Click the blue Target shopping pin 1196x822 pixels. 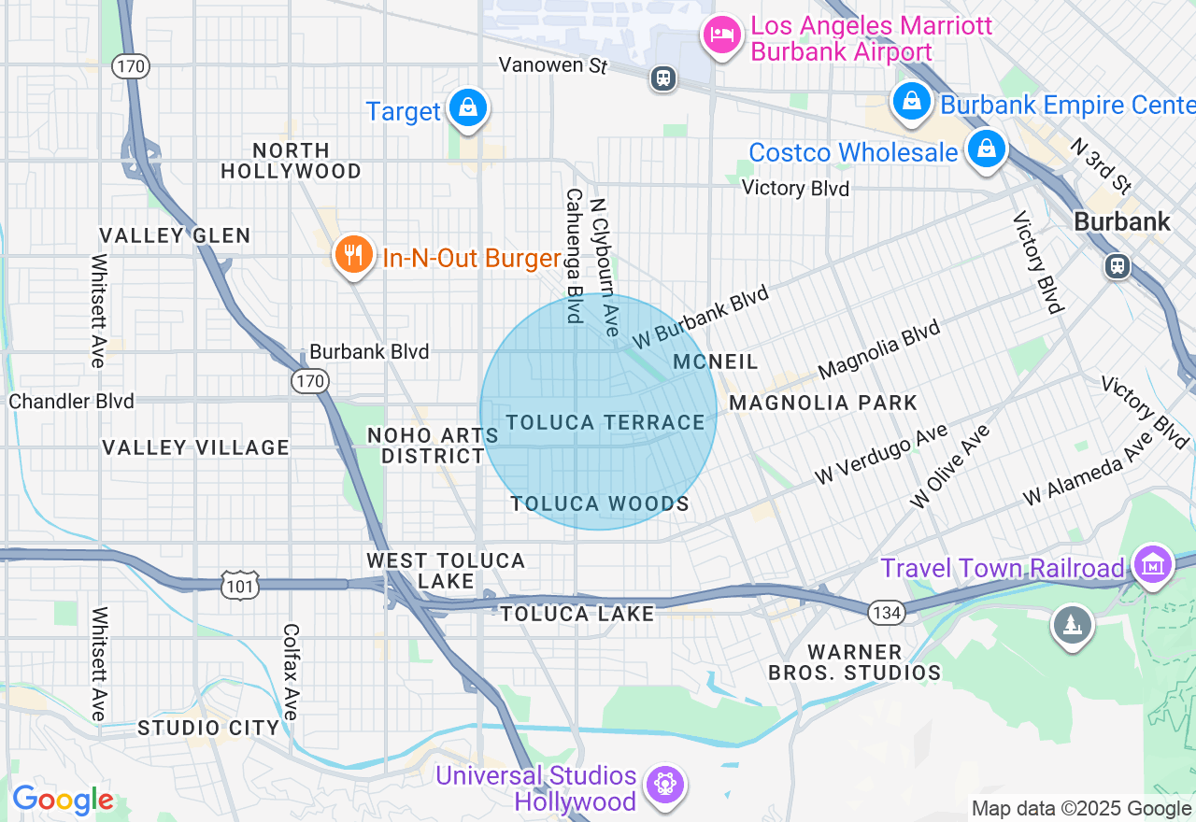(x=467, y=108)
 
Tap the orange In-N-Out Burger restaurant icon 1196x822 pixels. (x=353, y=254)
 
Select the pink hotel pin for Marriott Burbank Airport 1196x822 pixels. (x=721, y=36)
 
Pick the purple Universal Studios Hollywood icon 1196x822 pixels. (x=664, y=783)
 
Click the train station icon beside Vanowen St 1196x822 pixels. (x=663, y=78)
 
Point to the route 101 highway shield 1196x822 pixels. (x=239, y=587)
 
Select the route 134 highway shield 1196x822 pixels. (x=884, y=612)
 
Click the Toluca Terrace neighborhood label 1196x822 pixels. (x=605, y=423)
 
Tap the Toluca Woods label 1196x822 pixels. (x=599, y=504)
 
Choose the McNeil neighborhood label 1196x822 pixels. (x=715, y=362)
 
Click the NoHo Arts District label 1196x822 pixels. (x=433, y=446)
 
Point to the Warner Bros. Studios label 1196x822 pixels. (x=854, y=662)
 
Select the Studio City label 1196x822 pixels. (x=208, y=728)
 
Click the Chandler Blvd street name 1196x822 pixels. (x=71, y=402)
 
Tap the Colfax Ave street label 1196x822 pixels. (x=291, y=672)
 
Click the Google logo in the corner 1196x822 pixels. (x=63, y=801)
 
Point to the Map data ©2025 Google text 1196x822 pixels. (x=1081, y=809)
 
